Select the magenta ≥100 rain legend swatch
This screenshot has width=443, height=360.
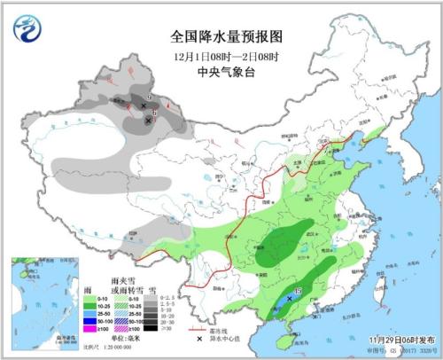(x=90, y=328)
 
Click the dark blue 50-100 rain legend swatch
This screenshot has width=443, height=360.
(x=90, y=321)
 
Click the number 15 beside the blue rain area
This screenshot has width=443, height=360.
(x=299, y=292)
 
